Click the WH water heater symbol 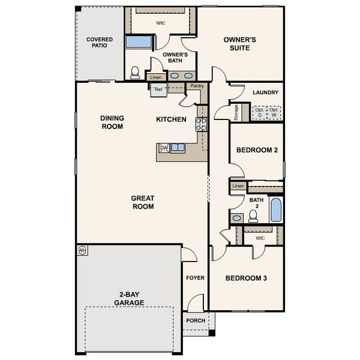[82, 249]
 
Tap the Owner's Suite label [240, 44]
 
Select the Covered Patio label [99, 43]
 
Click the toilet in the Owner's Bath [135, 73]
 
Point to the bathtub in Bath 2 [275, 210]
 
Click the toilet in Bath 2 [253, 216]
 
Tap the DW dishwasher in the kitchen [163, 148]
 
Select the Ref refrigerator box [158, 89]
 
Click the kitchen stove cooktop [201, 124]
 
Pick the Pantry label [196, 86]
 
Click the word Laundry [265, 92]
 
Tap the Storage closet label [236, 113]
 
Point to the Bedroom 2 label [256, 150]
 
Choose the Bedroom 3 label [246, 278]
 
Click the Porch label [195, 320]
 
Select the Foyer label [195, 278]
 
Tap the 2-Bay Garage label [129, 298]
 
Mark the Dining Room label [112, 122]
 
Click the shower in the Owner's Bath [139, 42]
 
